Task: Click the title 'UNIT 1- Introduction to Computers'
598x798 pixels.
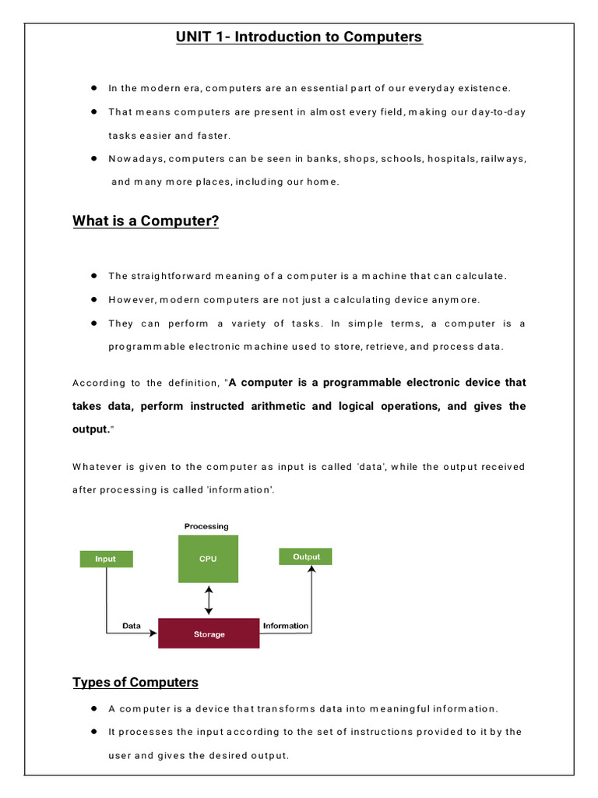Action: (x=299, y=37)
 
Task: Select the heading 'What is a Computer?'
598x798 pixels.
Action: (x=146, y=221)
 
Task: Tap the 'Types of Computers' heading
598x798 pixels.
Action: (x=135, y=683)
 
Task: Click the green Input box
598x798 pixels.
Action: (x=106, y=559)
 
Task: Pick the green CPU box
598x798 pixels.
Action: (x=208, y=559)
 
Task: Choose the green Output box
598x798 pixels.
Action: (x=306, y=556)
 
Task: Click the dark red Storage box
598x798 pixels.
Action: (x=209, y=634)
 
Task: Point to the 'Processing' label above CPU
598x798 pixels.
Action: (x=206, y=527)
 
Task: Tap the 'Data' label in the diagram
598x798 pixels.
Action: (x=132, y=626)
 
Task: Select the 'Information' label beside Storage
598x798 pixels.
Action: (x=286, y=626)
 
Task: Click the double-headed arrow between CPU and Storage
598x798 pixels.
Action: (x=208, y=601)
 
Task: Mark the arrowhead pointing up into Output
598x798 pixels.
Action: (x=311, y=570)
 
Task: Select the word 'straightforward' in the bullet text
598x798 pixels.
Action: (x=167, y=276)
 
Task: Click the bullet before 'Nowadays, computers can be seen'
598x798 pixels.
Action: (x=93, y=158)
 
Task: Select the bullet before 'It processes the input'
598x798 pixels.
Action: (x=93, y=732)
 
